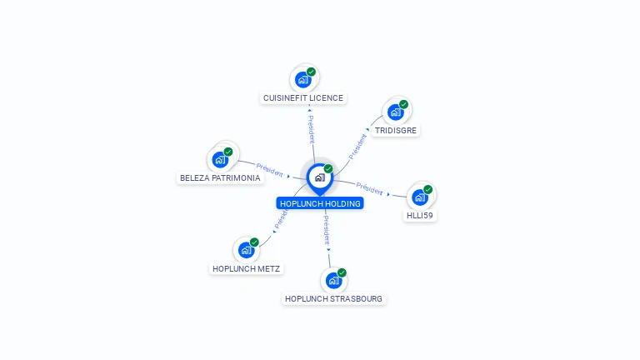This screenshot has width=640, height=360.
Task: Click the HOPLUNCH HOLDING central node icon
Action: (x=319, y=177)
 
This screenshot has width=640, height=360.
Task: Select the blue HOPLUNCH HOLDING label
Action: (x=320, y=203)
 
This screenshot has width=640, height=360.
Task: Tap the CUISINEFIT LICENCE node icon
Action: (x=303, y=80)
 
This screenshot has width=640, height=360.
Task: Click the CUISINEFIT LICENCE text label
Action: (x=303, y=98)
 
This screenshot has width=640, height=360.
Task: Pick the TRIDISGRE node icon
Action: (x=396, y=112)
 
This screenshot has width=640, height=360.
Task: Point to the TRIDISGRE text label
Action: (x=396, y=131)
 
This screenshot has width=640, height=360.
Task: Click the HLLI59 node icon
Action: (x=420, y=197)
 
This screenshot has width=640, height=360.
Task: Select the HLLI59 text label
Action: (x=420, y=216)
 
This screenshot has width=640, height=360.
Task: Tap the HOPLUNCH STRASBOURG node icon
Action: (x=334, y=281)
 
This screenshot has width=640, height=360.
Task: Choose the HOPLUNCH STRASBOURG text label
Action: (x=334, y=299)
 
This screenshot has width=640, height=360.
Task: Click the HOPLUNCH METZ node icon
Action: (x=247, y=250)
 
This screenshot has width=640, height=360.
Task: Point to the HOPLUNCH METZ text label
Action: (x=247, y=269)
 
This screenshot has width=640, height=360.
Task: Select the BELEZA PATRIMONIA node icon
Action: (x=221, y=159)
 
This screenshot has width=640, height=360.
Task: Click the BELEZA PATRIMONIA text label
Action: (x=221, y=178)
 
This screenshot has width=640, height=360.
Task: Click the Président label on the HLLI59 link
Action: (x=369, y=188)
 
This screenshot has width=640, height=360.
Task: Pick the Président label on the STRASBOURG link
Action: (x=327, y=228)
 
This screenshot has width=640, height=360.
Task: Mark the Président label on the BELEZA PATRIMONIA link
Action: (x=270, y=169)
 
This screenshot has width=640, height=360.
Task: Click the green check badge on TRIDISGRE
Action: (x=404, y=104)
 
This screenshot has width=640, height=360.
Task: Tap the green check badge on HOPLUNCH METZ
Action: (x=255, y=242)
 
